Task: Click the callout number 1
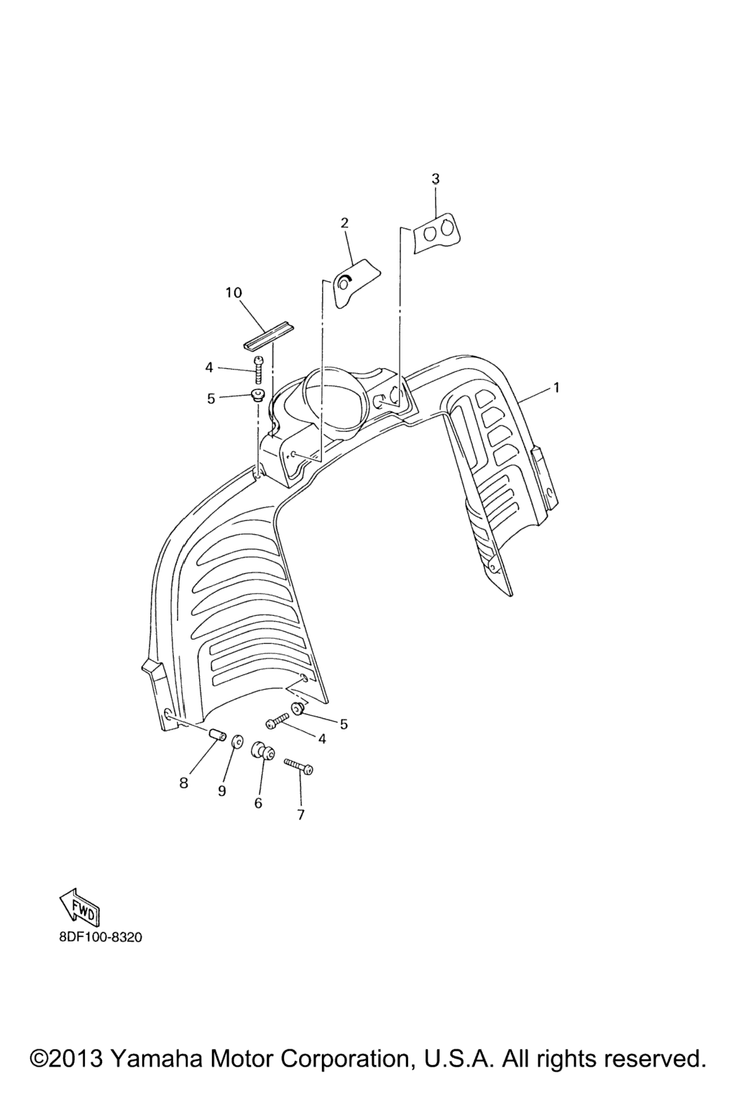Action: pyautogui.click(x=556, y=388)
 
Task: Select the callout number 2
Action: pyautogui.click(x=344, y=223)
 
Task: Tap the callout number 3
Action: pyautogui.click(x=436, y=179)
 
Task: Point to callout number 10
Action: pyautogui.click(x=234, y=293)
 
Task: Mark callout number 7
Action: pyautogui.click(x=300, y=815)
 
